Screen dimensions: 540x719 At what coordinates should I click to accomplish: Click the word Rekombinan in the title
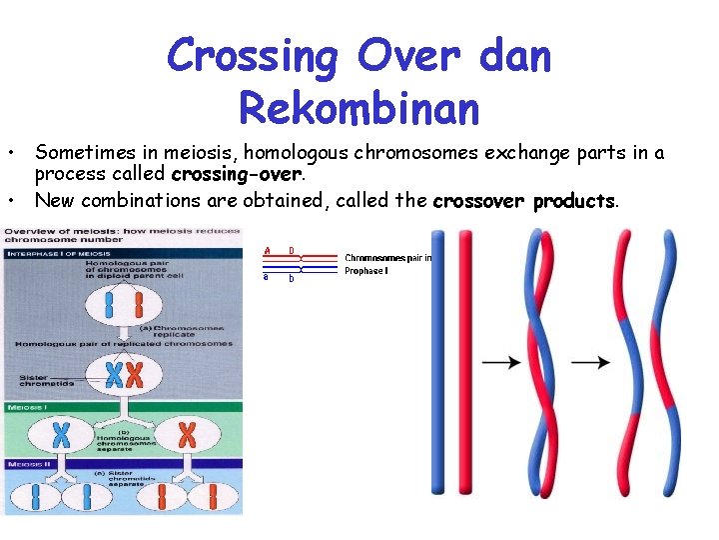click(x=359, y=106)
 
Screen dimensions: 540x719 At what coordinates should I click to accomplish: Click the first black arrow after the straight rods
click(x=502, y=362)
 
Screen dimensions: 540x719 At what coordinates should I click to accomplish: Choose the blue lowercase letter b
click(x=292, y=278)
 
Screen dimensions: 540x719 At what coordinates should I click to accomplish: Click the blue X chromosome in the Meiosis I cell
click(x=61, y=434)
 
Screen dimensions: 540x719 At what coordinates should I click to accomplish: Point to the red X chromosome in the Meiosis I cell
click(x=187, y=434)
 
